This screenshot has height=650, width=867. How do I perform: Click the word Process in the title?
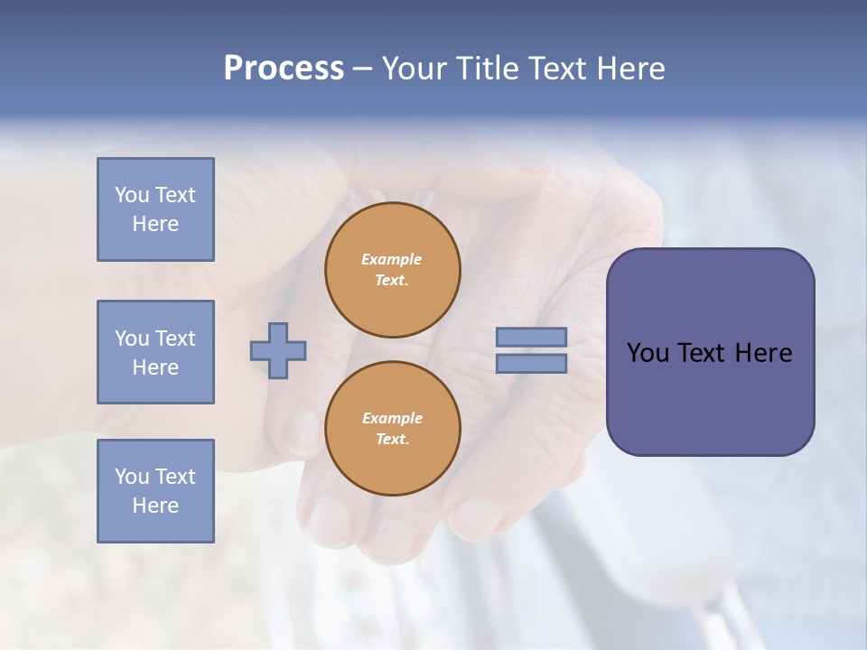[284, 68]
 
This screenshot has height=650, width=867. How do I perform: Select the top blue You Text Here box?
[155, 209]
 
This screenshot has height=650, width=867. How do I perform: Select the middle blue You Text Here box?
[155, 352]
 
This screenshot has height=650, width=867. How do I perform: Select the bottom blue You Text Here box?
[155, 491]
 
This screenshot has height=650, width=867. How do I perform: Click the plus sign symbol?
[278, 350]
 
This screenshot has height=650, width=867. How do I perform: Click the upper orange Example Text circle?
[393, 270]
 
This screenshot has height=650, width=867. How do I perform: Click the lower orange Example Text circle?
[393, 429]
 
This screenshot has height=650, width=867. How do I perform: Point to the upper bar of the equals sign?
[532, 338]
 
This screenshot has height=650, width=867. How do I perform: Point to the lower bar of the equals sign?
[532, 363]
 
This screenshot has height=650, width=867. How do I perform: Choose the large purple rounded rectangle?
[710, 397]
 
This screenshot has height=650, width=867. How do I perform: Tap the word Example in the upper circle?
[392, 259]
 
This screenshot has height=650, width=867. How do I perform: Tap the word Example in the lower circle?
[392, 418]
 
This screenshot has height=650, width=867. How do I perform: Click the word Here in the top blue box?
[155, 224]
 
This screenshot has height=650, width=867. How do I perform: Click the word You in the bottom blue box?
[131, 477]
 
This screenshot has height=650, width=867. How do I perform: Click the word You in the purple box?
[648, 353]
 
